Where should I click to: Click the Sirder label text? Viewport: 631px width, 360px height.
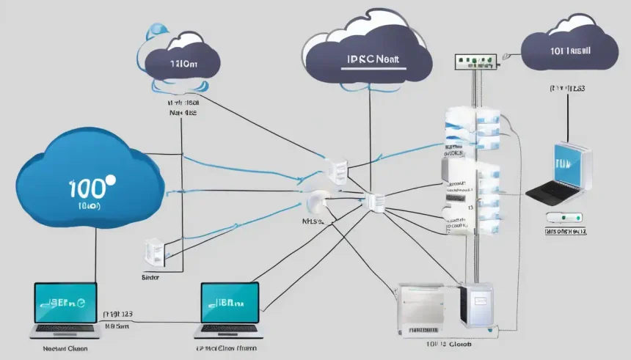coord(150,279)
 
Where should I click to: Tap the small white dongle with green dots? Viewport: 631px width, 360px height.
coord(564,218)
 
